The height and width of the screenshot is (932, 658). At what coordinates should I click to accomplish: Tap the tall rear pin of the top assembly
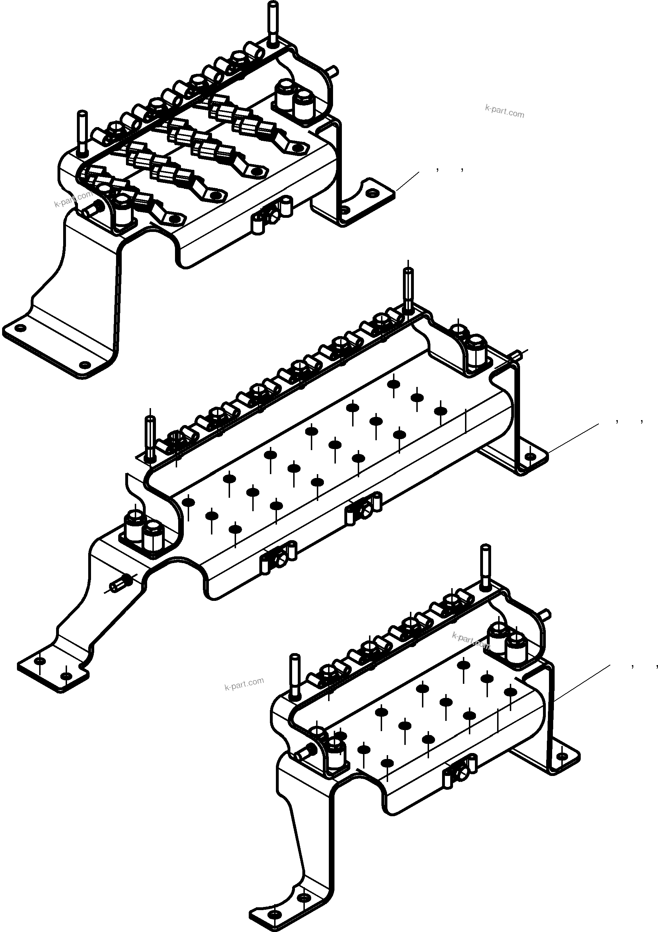273,22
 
